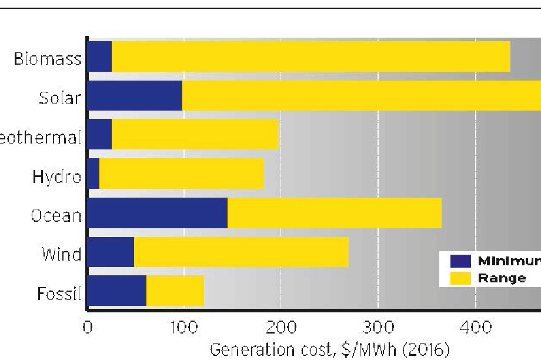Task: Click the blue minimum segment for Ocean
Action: click(157, 214)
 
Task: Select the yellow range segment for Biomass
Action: click(310, 57)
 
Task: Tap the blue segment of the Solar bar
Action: click(135, 96)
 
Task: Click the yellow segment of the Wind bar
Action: click(241, 253)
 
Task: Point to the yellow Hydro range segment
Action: click(182, 175)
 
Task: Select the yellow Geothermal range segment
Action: click(195, 135)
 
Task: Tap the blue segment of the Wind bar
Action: click(111, 253)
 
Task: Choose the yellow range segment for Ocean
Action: click(334, 214)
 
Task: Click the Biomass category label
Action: click(47, 59)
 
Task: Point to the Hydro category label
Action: click(56, 176)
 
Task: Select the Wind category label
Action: click(61, 255)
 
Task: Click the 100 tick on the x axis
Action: click(183, 325)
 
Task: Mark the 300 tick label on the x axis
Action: click(378, 325)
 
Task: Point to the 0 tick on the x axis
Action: click(87, 325)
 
